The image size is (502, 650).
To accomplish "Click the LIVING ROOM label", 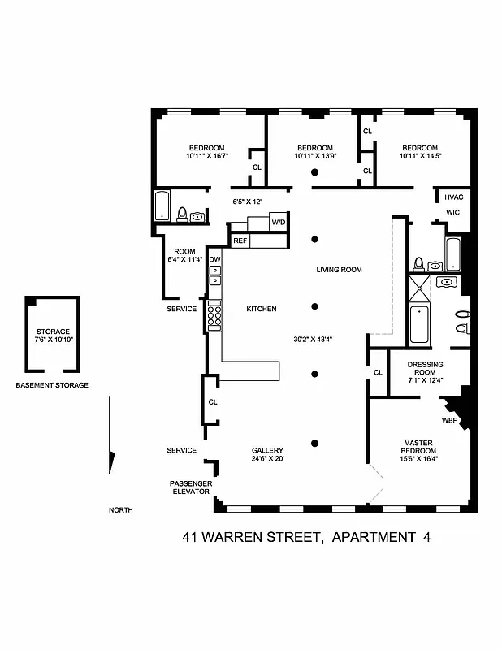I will [339, 270].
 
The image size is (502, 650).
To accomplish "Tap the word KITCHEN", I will [262, 309].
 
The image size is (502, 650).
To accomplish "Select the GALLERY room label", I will [266, 450].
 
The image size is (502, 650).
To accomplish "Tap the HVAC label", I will [452, 197].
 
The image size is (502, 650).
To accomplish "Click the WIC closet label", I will [452, 213].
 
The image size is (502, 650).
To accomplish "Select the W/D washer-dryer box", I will [279, 222].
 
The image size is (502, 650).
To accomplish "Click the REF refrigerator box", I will [240, 240].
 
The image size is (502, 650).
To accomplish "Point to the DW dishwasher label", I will [214, 260].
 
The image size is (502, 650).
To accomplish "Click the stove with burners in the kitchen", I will [214, 316].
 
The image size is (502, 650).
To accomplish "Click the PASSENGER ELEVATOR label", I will [191, 487].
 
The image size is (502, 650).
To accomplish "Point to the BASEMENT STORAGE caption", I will [52, 385].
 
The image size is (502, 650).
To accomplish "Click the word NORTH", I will [120, 510].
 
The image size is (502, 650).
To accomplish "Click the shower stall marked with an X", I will [422, 288].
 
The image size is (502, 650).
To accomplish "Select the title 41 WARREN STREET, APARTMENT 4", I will [305, 537].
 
